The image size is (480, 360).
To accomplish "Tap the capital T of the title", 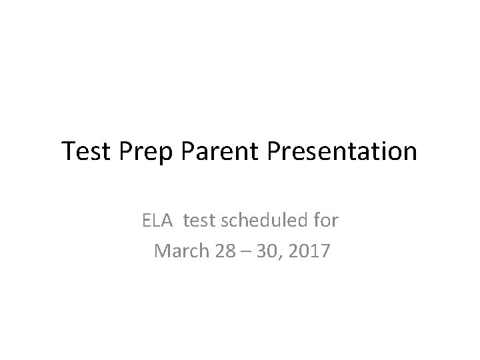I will click(x=69, y=151).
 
